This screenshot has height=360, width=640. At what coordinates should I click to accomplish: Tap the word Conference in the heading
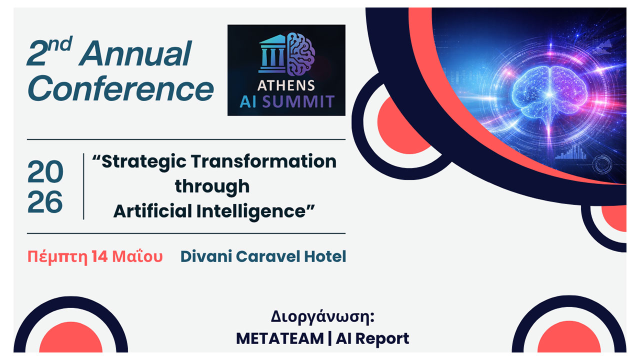click(120, 89)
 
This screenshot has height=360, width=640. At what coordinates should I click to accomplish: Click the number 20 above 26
click(45, 173)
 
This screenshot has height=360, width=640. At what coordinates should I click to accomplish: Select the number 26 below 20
click(45, 203)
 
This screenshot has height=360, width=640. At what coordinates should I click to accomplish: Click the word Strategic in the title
click(145, 161)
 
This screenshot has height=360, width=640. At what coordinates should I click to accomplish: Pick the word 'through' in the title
click(212, 186)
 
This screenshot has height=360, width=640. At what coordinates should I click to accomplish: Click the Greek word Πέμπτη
click(57, 257)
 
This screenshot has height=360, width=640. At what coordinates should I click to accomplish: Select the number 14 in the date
click(99, 257)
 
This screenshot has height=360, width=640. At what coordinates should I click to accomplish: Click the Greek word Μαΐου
click(137, 257)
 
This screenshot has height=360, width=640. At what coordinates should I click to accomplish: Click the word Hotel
click(325, 257)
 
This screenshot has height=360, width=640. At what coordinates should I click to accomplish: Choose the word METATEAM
click(279, 338)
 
